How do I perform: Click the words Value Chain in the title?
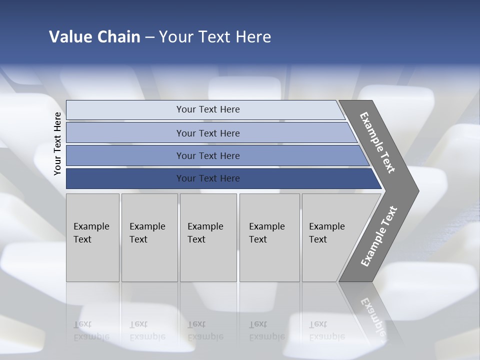[94, 37]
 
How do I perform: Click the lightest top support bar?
[125, 110]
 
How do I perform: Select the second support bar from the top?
[125, 133]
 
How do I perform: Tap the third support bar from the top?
[125, 155]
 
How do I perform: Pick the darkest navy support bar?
[125, 178]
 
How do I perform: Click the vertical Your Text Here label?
[57, 144]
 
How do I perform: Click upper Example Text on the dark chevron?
[377, 142]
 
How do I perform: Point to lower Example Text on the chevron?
[378, 236]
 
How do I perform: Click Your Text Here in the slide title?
[215, 37]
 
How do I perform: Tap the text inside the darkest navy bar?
[208, 178]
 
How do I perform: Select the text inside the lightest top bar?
[208, 109]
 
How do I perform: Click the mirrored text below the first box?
[91, 330]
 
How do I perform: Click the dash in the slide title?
[149, 37]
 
